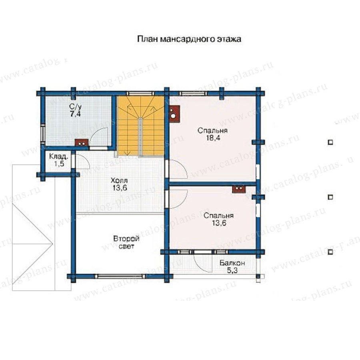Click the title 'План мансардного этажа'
[x=189, y=39]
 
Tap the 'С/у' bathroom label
[x=76, y=107]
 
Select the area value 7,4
[x=76, y=114]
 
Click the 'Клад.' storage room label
[x=59, y=157]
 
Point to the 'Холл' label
[x=119, y=180]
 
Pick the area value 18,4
[x=213, y=138]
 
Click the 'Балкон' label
[x=232, y=263]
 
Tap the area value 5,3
[x=232, y=271]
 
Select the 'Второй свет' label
[x=126, y=242]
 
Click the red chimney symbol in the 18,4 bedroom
[x=174, y=113]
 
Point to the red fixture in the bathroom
[x=82, y=143]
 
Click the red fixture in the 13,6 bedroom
[x=239, y=189]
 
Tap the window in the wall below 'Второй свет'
[x=120, y=276]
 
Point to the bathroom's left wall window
[x=43, y=134]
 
